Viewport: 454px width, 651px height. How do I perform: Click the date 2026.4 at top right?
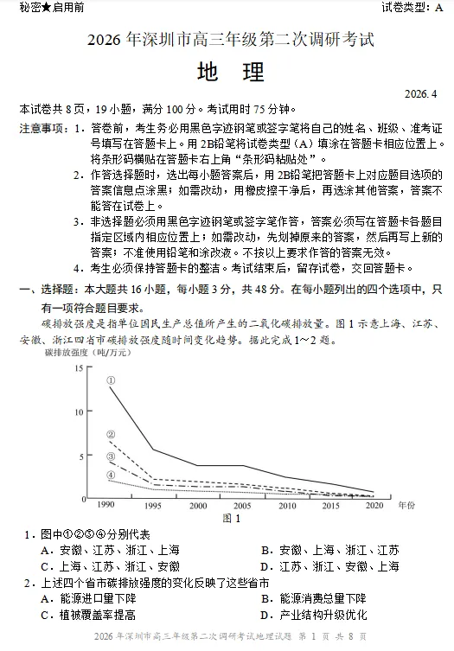pyautogui.click(x=422, y=93)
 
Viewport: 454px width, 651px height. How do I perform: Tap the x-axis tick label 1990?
pyautogui.click(x=106, y=505)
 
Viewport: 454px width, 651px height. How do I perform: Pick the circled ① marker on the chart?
pyautogui.click(x=111, y=380)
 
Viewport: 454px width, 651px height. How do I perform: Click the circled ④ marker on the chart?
pyautogui.click(x=111, y=475)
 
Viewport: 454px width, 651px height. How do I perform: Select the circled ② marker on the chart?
pyautogui.click(x=111, y=435)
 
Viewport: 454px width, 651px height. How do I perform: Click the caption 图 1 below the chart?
pyautogui.click(x=232, y=519)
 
